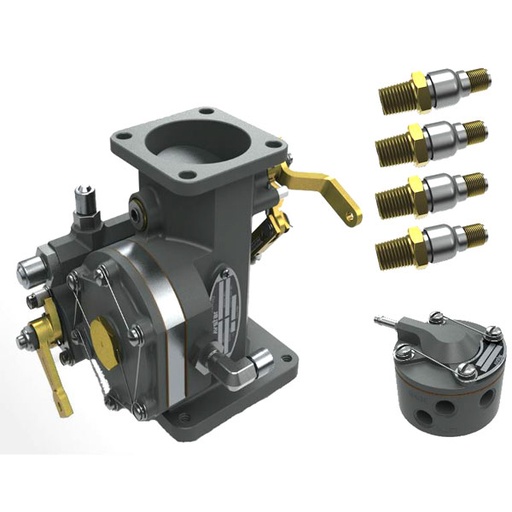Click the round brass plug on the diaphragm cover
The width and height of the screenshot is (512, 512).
coord(103,335)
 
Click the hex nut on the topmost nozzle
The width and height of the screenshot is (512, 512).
coord(411,91)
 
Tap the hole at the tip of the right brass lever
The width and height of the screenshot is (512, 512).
coord(353,211)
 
